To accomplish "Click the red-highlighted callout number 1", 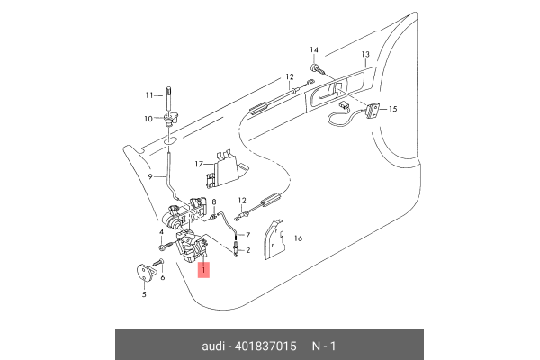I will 204,270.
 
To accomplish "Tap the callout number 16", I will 299,238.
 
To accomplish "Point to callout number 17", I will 199,164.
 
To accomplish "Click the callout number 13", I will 366,55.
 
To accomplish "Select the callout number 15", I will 392,108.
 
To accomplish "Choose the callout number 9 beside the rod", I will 152,177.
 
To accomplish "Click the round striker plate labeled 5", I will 144,271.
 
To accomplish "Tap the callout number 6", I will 163,278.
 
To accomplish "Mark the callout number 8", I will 214,203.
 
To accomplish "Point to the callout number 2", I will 247,251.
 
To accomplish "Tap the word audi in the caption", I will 215,346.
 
